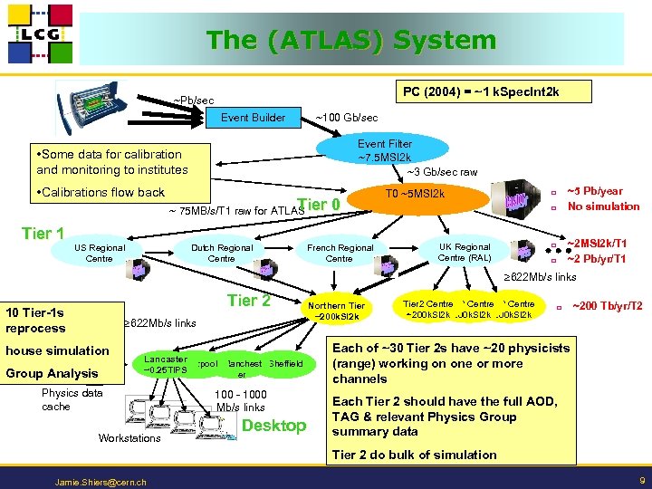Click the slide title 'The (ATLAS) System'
click(x=351, y=41)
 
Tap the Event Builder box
click(x=254, y=117)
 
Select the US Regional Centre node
click(x=99, y=253)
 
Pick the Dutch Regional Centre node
click(x=221, y=253)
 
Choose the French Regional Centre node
click(x=340, y=253)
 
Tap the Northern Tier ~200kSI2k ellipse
click(x=337, y=311)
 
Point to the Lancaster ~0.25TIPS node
click(x=165, y=364)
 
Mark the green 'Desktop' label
click(x=275, y=426)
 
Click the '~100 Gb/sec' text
click(x=346, y=118)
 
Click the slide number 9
click(x=641, y=479)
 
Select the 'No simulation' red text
click(x=603, y=206)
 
